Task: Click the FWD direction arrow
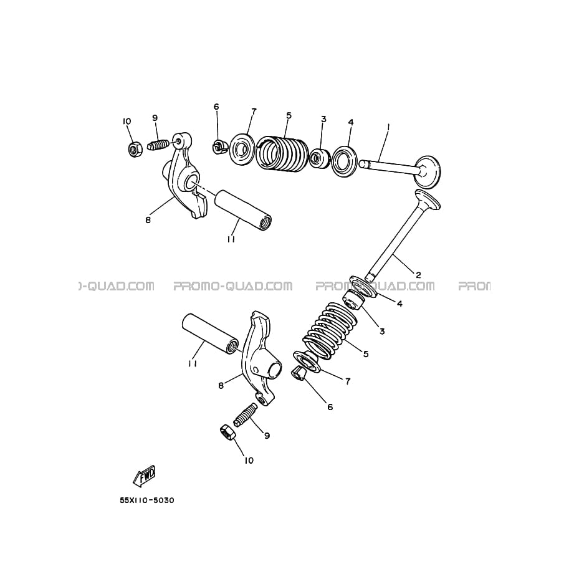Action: click(145, 475)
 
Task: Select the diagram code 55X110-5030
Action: click(147, 500)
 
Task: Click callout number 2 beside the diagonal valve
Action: click(418, 275)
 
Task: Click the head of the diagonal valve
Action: click(428, 199)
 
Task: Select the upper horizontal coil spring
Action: click(283, 153)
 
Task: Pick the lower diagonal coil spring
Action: click(330, 330)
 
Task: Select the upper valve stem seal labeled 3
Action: click(319, 158)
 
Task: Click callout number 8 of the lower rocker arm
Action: click(221, 385)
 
